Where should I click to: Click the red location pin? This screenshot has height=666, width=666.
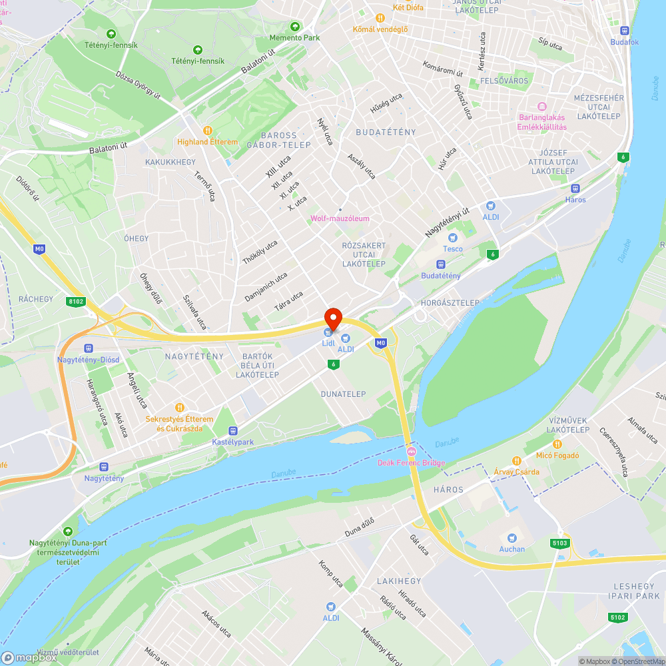332,318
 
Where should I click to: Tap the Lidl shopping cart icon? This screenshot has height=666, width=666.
328,332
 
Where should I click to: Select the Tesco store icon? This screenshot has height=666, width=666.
453,238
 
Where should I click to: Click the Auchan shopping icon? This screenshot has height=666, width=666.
512,537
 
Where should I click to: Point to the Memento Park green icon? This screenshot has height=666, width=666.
294,26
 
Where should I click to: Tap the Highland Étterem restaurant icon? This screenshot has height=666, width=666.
207,131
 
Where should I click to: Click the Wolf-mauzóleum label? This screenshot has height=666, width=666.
340,218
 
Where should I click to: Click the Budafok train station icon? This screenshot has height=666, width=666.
624,30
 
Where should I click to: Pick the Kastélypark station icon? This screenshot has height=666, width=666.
233,431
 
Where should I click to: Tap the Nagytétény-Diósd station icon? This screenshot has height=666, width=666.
88,348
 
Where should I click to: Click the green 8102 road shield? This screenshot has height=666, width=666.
77,302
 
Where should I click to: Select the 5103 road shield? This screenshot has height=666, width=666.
560,543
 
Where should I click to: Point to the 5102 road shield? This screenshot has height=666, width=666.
617,617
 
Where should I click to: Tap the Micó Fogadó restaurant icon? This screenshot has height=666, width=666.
557,444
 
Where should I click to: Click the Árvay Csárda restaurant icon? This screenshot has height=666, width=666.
516,460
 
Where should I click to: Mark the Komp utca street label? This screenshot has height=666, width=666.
331,573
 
